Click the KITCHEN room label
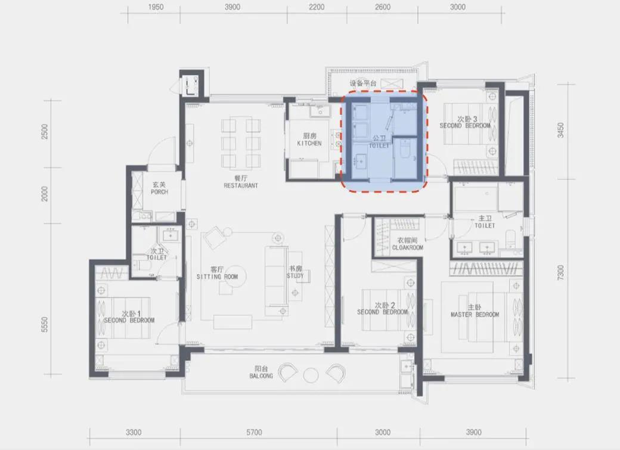click(309, 143)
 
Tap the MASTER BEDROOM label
click(475, 315)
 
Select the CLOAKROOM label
click(408, 247)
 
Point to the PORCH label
click(159, 192)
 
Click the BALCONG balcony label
click(261, 375)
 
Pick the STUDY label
click(295, 275)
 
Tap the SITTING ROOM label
click(217, 277)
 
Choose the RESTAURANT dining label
click(241, 185)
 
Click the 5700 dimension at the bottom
click(254, 432)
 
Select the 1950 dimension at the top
click(156, 7)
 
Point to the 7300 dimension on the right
click(560, 273)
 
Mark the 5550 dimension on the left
click(44, 324)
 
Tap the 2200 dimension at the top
click(317, 7)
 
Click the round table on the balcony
click(311, 374)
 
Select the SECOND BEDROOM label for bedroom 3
click(465, 126)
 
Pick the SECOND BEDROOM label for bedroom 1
click(129, 320)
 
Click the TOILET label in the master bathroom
click(485, 225)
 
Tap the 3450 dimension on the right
click(560, 130)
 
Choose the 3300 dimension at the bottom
click(134, 432)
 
